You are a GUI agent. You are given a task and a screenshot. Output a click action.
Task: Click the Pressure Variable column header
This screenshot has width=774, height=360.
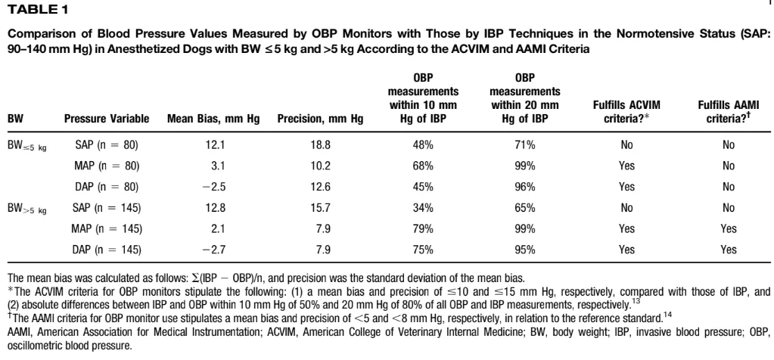coord(105,119)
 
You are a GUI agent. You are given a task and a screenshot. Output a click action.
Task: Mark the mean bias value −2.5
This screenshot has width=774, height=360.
coord(203,186)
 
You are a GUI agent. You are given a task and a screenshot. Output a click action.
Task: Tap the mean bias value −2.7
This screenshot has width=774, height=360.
coord(203,249)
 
